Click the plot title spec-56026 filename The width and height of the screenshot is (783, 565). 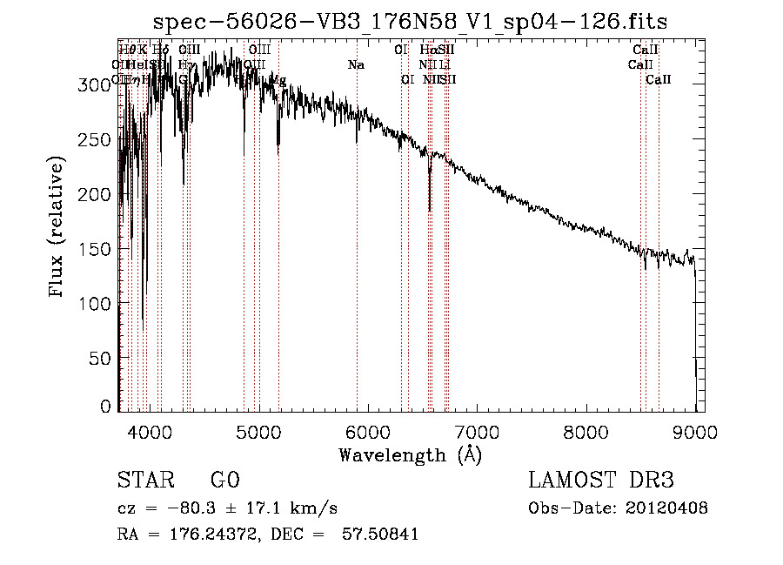point(410,22)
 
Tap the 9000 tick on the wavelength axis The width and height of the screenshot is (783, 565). point(695,431)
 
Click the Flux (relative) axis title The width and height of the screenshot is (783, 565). point(58,228)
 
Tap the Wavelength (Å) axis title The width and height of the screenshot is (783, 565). point(410,454)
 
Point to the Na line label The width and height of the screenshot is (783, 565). point(356,64)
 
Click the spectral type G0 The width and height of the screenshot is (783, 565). point(224,481)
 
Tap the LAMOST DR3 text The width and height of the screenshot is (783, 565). point(600,481)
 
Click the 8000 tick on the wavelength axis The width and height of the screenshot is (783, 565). point(586,431)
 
